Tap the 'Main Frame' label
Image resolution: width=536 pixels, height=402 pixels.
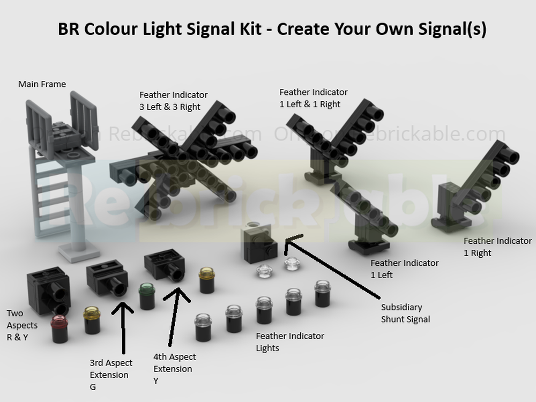click(x=42, y=84)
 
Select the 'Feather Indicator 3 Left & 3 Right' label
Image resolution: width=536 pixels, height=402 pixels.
click(x=173, y=101)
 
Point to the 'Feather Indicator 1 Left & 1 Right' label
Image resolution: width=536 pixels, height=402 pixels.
click(x=313, y=98)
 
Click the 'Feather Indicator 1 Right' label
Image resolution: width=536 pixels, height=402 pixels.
click(x=497, y=247)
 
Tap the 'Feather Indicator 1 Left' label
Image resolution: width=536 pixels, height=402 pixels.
click(x=404, y=269)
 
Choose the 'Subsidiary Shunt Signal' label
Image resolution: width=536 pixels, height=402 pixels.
click(x=405, y=313)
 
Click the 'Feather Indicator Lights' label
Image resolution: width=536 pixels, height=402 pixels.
click(x=289, y=342)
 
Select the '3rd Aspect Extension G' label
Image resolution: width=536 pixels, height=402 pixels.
click(x=110, y=375)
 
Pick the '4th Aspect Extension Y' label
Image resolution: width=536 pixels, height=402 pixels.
click(x=174, y=369)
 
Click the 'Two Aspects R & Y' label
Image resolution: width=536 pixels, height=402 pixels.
click(x=22, y=325)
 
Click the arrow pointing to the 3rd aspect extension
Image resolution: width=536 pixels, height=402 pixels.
click(x=124, y=332)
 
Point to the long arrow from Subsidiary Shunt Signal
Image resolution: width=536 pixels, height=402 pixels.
click(x=332, y=268)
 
